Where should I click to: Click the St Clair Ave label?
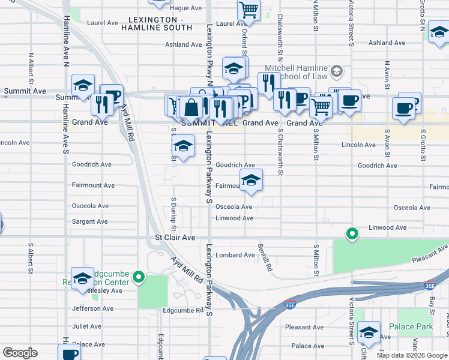click(x=175, y=238)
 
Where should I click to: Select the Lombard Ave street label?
click(x=235, y=255)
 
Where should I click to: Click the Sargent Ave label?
click(x=90, y=221)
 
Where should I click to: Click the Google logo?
click(x=20, y=353)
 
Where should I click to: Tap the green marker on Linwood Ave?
click(x=352, y=233)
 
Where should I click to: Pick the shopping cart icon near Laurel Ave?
click(x=249, y=9)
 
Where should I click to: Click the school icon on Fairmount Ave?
click(x=251, y=179)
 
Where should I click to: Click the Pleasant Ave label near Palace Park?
click(x=304, y=327)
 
